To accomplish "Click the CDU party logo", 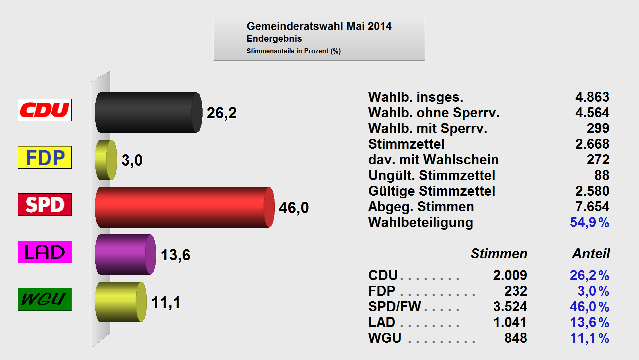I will click(45, 110).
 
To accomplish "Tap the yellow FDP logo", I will click(45, 157).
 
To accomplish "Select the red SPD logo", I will click(45, 205).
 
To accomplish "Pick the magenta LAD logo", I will click(45, 252).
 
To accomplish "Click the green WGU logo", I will click(45, 299).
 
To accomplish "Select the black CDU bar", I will click(148, 113).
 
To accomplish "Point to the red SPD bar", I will click(184, 207).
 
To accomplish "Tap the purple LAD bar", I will click(125, 255).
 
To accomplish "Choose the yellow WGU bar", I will click(121, 302).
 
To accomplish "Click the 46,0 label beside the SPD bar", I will click(294, 208).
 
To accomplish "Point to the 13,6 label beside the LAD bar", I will click(176, 255).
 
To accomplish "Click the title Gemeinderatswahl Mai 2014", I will click(319, 26).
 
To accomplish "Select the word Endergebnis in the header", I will click(274, 39).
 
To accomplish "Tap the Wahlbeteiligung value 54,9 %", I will click(589, 222).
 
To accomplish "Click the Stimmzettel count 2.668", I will click(592, 144).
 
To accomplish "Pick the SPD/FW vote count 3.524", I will click(510, 307).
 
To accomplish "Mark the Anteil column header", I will click(591, 254).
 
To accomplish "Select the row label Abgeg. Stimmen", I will click(421, 207).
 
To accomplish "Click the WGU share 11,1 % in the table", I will click(589, 338).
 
